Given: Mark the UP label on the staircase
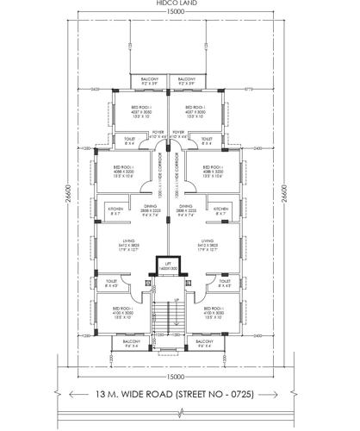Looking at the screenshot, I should (x=177, y=300).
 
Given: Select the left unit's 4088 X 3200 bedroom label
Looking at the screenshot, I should (x=124, y=172).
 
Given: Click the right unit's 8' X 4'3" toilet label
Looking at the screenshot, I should (x=225, y=284).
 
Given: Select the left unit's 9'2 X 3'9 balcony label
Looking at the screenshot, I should (x=149, y=82).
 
